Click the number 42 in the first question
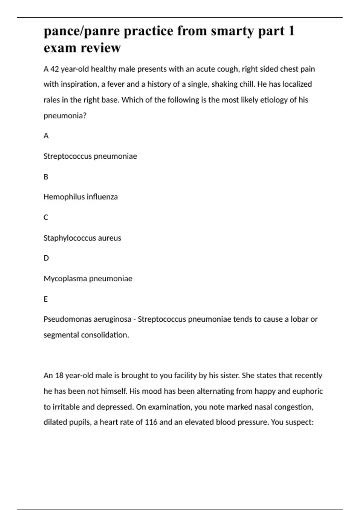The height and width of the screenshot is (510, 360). [54, 69]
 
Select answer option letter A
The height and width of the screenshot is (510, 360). [46, 136]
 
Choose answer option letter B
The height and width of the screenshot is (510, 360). [46, 177]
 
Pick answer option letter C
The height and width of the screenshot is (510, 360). [46, 217]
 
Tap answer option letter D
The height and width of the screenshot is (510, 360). [46, 258]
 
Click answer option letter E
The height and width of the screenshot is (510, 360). [46, 299]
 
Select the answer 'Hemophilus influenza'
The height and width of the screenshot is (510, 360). [80, 197]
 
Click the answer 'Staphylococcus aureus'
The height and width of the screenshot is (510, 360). [82, 238]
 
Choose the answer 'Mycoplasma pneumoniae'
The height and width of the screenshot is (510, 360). [88, 279]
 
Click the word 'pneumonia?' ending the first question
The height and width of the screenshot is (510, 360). [65, 116]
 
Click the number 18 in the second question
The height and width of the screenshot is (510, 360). [59, 376]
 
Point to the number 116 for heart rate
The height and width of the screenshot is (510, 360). [151, 422]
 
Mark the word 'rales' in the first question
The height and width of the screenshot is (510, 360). [52, 100]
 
